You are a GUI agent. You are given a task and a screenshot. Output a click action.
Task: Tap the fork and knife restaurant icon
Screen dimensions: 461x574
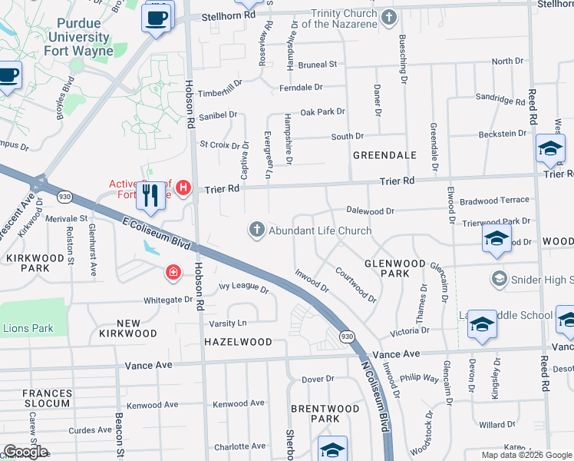[150, 196]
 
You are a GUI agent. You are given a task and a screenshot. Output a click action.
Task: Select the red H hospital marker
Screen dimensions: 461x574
[183, 187]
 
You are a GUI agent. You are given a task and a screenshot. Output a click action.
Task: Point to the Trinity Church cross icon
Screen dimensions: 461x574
[389, 17]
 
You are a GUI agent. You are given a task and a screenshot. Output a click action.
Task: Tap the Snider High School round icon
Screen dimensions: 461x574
[500, 278]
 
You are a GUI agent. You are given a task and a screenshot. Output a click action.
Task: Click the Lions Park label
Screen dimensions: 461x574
[28, 329]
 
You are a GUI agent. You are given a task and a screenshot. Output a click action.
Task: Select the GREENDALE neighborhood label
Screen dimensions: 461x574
[384, 155]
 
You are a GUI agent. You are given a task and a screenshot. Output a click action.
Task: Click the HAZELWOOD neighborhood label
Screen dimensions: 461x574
[237, 341]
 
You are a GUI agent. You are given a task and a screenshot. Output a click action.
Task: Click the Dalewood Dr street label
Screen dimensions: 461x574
[370, 210]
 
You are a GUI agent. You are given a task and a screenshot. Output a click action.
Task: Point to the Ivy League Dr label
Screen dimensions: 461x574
[243, 290]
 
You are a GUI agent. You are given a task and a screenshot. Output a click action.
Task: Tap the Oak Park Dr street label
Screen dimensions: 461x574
[322, 112]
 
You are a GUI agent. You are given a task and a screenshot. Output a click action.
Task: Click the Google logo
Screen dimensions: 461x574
[25, 452]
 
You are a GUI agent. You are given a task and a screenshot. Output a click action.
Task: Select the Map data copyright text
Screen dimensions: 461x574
[526, 455]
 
